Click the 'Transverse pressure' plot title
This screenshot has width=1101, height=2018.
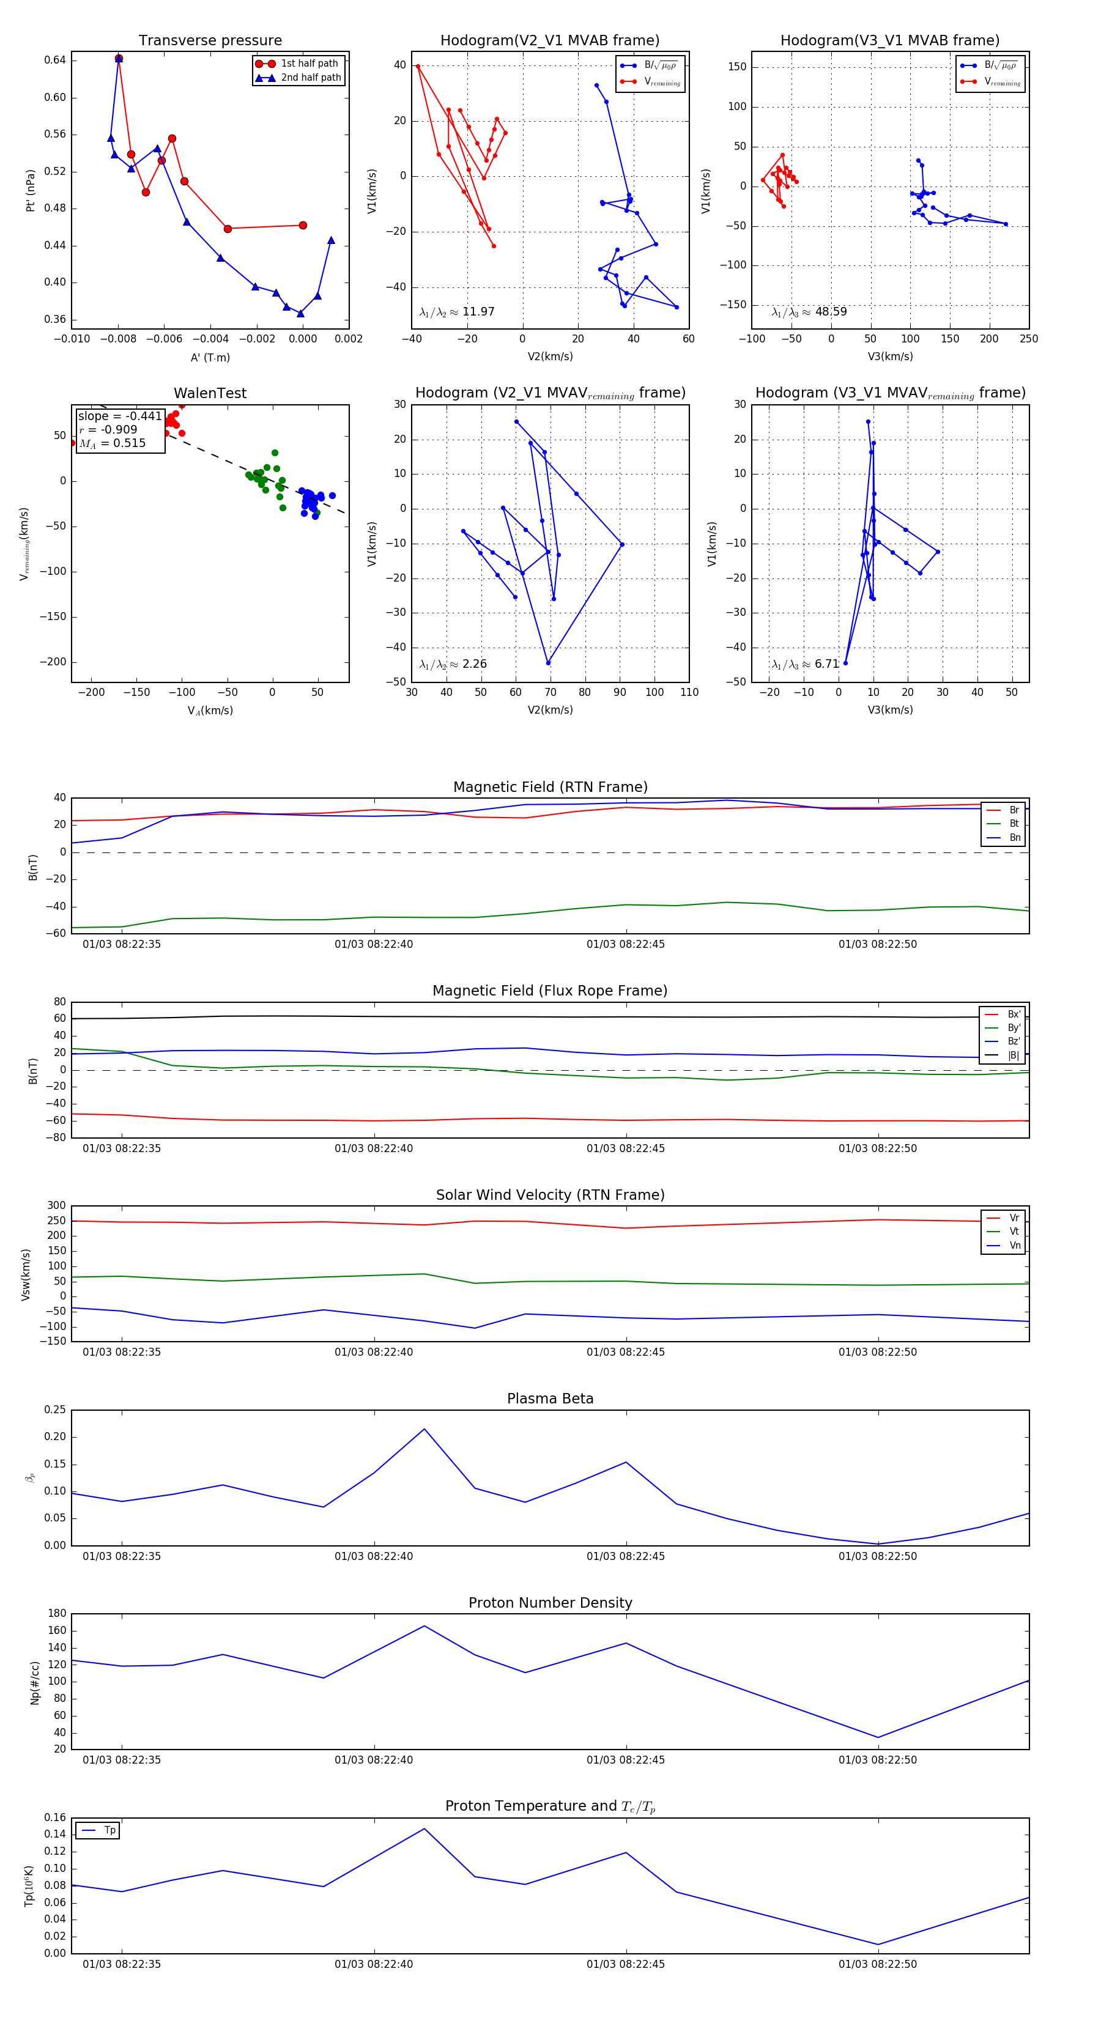pos(210,41)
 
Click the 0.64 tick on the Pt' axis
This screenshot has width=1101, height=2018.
pos(55,61)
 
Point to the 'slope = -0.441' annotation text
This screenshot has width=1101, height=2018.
pos(120,416)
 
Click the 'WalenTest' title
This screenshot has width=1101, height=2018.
pos(210,393)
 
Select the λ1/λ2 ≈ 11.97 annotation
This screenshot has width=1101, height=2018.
pos(457,312)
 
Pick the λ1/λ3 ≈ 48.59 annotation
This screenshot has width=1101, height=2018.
pos(809,312)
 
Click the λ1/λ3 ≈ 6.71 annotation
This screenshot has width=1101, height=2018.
pos(805,664)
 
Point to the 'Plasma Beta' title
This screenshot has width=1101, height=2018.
pos(550,1399)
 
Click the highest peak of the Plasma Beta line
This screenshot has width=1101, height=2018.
pos(424,1429)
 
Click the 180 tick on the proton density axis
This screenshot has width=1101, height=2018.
pos(56,1614)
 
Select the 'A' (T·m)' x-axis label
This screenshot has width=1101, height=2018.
pos(210,357)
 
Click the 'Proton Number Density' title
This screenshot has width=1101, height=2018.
pos(550,1603)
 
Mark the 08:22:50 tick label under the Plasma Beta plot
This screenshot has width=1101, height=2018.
pos(878,1556)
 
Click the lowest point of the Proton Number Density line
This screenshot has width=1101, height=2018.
pos(878,1737)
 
